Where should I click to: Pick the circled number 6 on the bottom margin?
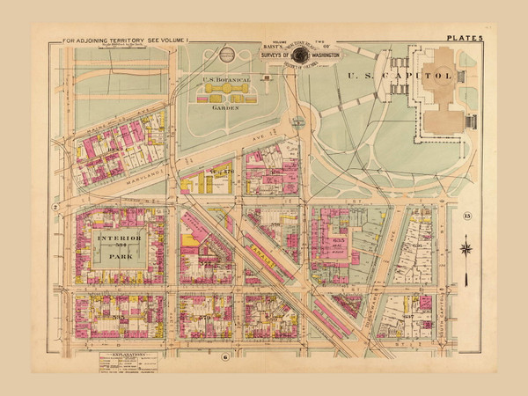coord(225,355)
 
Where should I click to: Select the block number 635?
coord(342,239)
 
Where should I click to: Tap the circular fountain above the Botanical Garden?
coord(227,55)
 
